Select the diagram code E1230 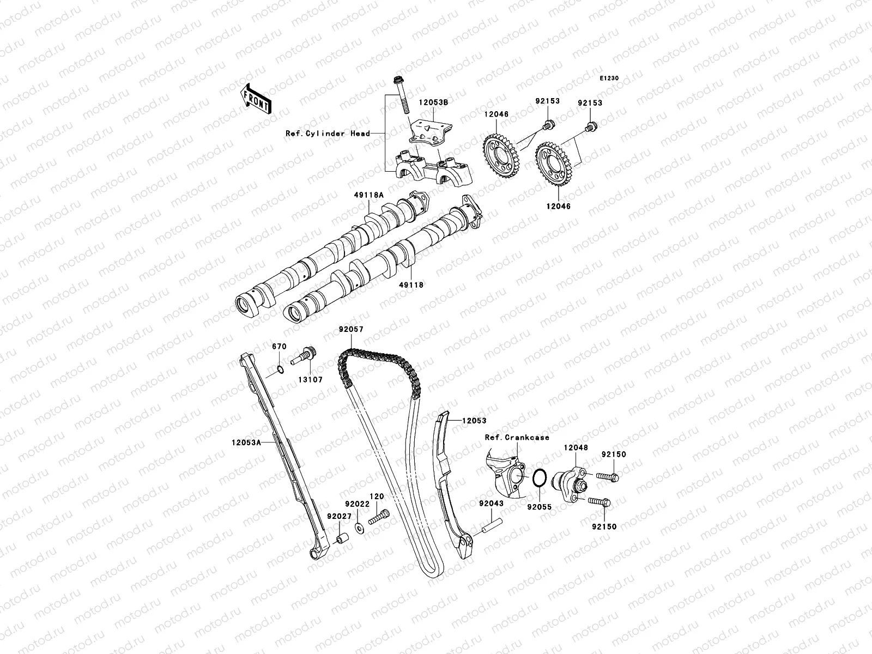pos(610,78)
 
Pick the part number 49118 pos(411,284)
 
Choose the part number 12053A pos(246,443)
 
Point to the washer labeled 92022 pos(359,528)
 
